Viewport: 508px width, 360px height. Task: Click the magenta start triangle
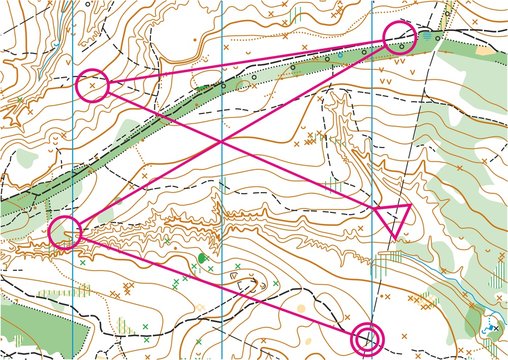(x=396, y=216)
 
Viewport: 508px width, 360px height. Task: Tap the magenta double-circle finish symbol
(x=369, y=339)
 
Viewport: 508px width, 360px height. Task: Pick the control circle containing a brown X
(x=92, y=85)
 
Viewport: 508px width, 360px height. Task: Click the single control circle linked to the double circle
(x=64, y=232)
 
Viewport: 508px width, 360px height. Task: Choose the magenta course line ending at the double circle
(x=220, y=287)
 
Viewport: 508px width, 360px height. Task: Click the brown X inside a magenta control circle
(x=93, y=87)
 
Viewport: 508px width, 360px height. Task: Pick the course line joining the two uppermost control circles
(x=246, y=61)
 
